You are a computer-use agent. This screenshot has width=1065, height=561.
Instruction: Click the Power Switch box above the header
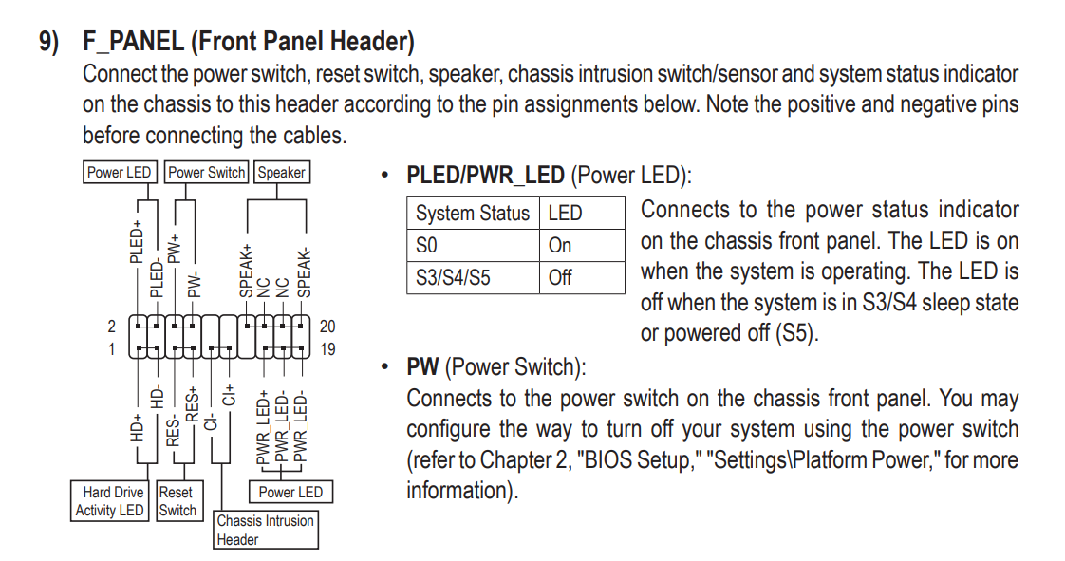(207, 172)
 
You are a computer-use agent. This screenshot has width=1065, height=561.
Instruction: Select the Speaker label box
(281, 172)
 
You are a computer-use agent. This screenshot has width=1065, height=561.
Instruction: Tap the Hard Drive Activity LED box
(109, 501)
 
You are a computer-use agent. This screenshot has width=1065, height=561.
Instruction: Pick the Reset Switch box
(178, 501)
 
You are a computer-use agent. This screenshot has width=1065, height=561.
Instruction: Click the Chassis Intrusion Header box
(266, 530)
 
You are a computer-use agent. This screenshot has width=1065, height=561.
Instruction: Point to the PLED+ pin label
(137, 241)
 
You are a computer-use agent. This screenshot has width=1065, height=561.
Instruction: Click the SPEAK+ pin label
(246, 271)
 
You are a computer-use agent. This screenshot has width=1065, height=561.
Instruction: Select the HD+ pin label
(137, 428)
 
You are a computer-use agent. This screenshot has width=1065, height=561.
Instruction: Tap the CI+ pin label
(229, 394)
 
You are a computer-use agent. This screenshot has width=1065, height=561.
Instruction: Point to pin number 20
(327, 327)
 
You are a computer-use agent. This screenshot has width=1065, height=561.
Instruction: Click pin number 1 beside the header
(111, 349)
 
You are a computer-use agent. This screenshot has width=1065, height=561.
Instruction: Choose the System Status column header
(472, 214)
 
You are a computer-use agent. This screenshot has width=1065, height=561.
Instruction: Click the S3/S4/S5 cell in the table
(453, 278)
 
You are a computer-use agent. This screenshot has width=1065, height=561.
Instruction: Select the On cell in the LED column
(560, 245)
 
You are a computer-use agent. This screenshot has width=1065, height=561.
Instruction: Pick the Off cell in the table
(560, 278)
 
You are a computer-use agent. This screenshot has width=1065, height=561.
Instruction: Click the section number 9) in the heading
(49, 42)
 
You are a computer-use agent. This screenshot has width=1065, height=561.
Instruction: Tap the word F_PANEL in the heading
(133, 42)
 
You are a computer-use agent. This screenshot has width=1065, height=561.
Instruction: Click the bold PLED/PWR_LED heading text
(485, 176)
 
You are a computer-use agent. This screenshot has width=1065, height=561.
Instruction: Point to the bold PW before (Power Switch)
(422, 366)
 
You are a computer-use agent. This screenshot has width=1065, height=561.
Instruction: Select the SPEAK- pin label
(305, 273)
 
